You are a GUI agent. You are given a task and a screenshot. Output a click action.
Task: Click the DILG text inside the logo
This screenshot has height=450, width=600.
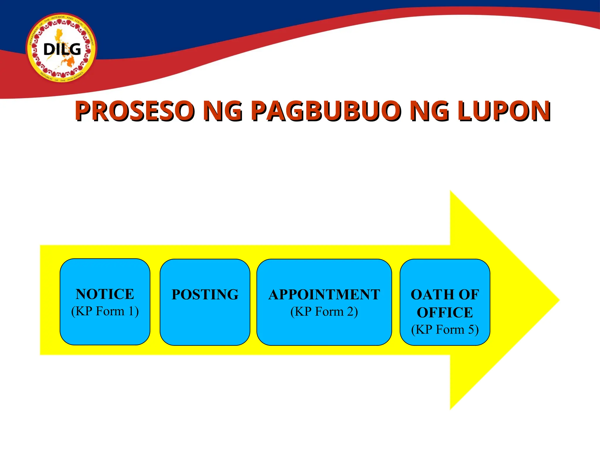tap(62, 50)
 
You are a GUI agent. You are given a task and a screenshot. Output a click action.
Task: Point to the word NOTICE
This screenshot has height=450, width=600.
tap(105, 294)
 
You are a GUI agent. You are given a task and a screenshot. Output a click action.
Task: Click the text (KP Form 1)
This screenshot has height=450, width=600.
tap(105, 311)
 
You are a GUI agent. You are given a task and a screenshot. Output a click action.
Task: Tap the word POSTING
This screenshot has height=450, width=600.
tap(205, 295)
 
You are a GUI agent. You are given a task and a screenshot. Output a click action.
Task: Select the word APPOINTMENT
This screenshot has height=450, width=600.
tap(324, 295)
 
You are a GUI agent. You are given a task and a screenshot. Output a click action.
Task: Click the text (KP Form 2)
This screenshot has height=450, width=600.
tap(324, 312)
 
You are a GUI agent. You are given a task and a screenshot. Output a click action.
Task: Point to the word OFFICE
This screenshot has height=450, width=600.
tap(445, 313)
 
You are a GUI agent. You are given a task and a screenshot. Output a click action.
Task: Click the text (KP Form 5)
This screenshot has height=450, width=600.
tap(445, 330)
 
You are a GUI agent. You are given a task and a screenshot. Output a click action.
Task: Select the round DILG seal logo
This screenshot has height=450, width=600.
tap(62, 48)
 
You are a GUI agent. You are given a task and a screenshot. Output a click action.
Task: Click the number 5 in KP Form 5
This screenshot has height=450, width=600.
tap(471, 330)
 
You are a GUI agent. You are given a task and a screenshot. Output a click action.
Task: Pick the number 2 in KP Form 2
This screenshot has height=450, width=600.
tap(350, 312)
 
